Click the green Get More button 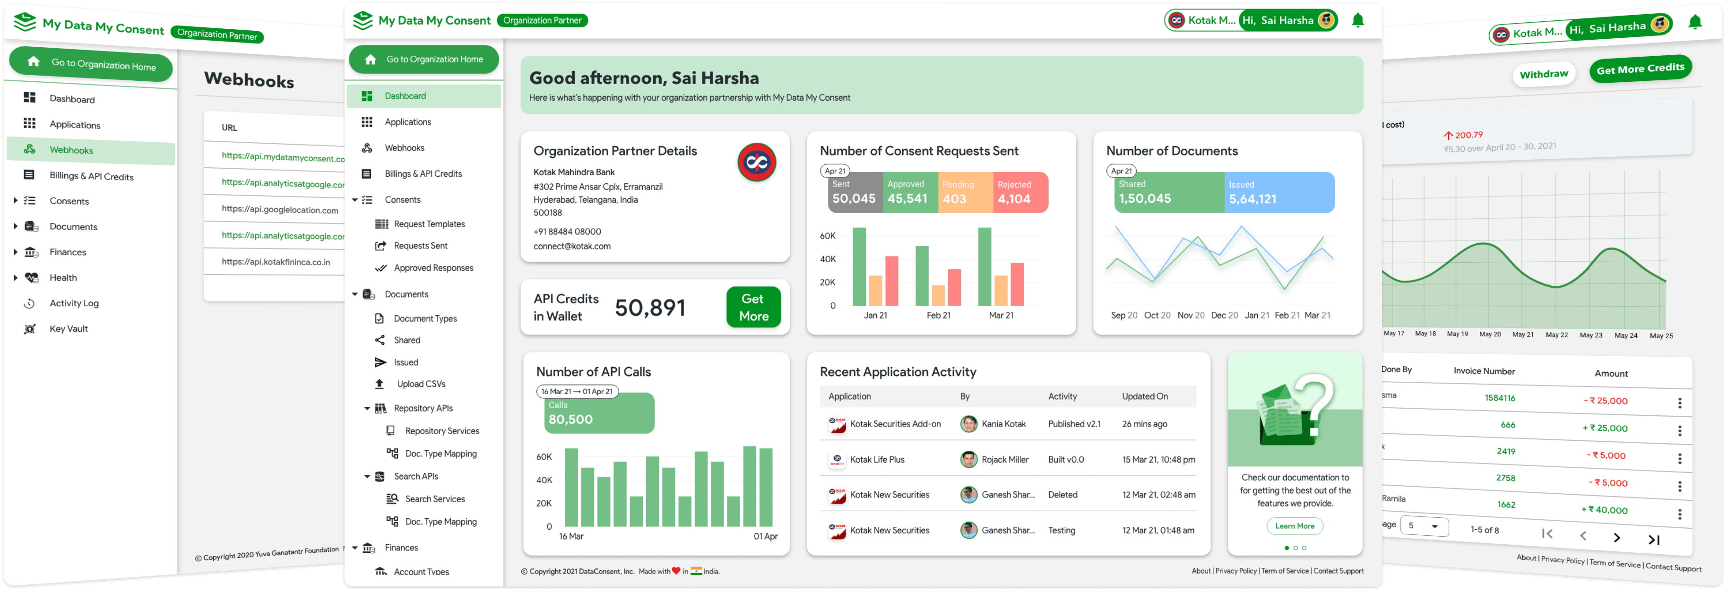pos(753,307)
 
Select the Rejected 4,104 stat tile pos(1020,192)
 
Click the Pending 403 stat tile pos(965,192)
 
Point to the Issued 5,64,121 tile pos(1279,192)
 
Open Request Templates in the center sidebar pos(429,224)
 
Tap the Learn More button pos(1295,526)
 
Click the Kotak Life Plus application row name pos(877,460)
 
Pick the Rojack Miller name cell pos(1005,460)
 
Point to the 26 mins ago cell pos(1144,424)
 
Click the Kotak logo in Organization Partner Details pos(756,162)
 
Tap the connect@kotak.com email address pos(572,246)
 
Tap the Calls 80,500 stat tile pos(599,413)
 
